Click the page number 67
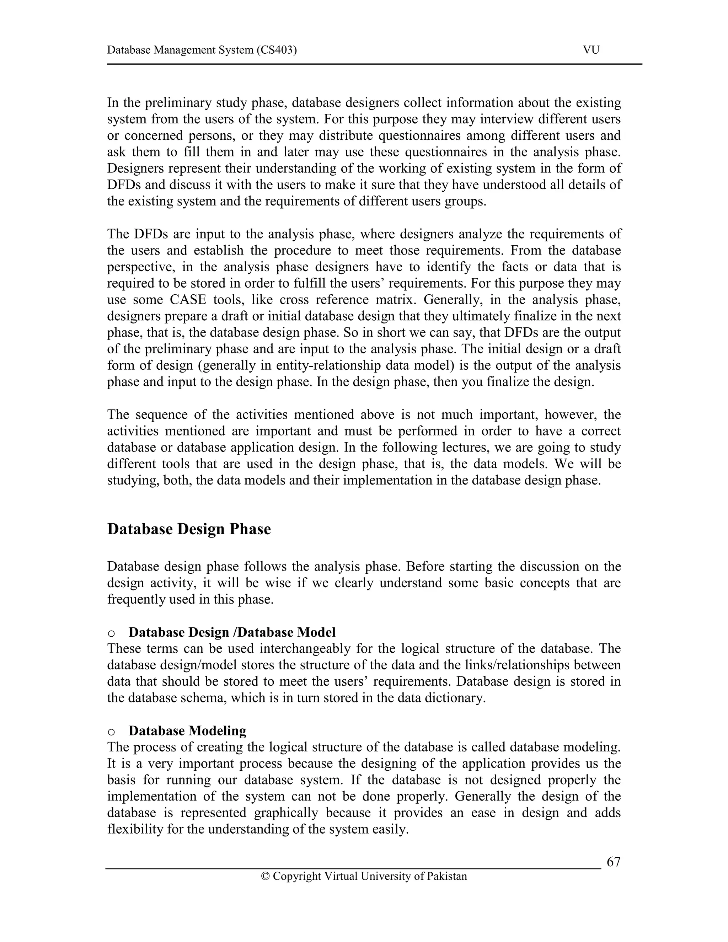tap(613, 862)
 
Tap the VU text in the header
tap(591, 50)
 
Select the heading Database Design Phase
tap(189, 529)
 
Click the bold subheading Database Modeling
tap(187, 730)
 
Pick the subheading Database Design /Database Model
tap(232, 632)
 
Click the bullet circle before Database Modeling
tap(111, 732)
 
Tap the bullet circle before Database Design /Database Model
tap(111, 633)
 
